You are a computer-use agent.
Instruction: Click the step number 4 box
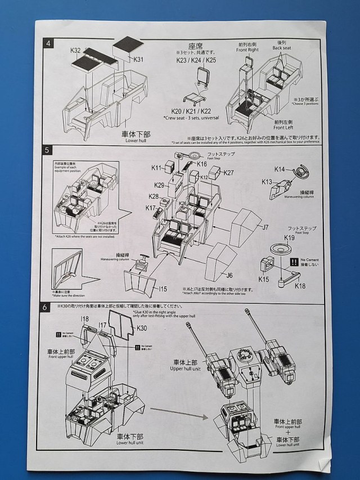(49, 43)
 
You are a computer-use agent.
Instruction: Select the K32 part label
(76, 51)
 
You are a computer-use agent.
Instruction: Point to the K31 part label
(139, 59)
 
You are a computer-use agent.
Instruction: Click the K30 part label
(142, 328)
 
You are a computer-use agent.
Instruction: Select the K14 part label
(280, 169)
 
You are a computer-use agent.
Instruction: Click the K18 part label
(300, 286)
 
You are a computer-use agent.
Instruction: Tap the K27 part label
(228, 173)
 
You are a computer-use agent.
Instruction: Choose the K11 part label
(156, 168)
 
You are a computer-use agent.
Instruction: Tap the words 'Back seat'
(282, 48)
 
